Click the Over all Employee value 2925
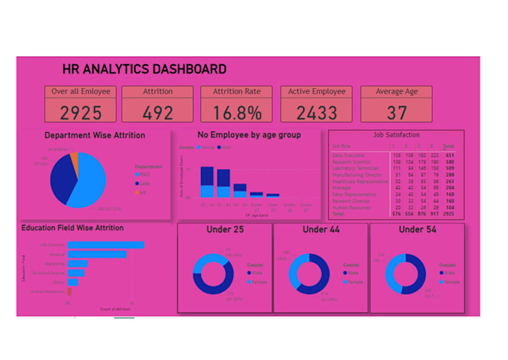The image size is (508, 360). (x=80, y=113)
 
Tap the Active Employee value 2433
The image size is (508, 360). (x=317, y=113)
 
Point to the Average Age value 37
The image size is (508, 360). (x=397, y=113)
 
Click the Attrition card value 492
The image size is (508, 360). (x=158, y=113)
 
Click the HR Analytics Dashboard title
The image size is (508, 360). (x=145, y=69)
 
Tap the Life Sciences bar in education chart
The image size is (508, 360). (x=105, y=244)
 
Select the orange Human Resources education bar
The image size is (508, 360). (x=69, y=292)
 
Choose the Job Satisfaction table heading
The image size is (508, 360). (x=396, y=135)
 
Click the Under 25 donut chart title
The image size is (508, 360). (x=225, y=230)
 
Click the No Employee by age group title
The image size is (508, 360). (x=249, y=135)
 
